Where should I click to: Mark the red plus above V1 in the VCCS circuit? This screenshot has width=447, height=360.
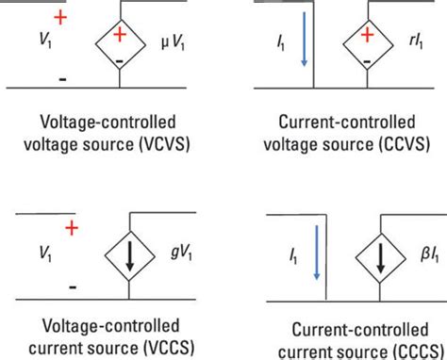pos(71,228)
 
